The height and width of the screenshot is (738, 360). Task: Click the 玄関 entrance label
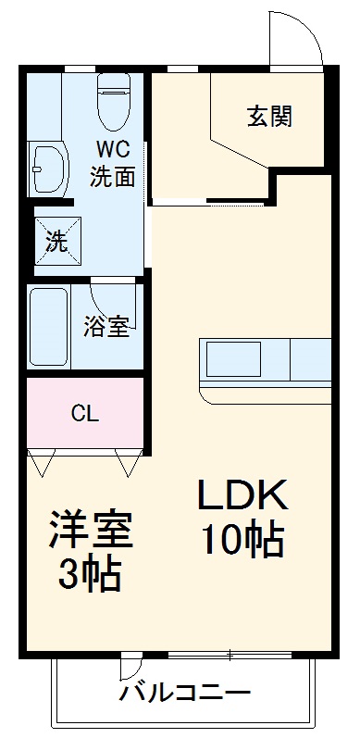pyautogui.click(x=269, y=117)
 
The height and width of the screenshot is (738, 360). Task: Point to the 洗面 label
pyautogui.click(x=113, y=177)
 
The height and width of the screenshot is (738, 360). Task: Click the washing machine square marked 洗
pyautogui.click(x=56, y=244)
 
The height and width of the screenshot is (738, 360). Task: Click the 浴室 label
pyautogui.click(x=106, y=327)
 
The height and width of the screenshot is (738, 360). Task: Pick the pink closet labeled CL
pyautogui.click(x=85, y=414)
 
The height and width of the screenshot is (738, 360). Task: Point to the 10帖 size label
pyautogui.click(x=242, y=540)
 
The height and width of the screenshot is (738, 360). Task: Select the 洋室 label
pyautogui.click(x=91, y=530)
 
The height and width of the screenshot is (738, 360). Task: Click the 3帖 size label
pyautogui.click(x=91, y=576)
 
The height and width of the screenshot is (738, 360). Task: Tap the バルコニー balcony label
pyautogui.click(x=184, y=693)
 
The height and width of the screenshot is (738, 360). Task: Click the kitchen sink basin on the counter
pyautogui.click(x=232, y=359)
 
